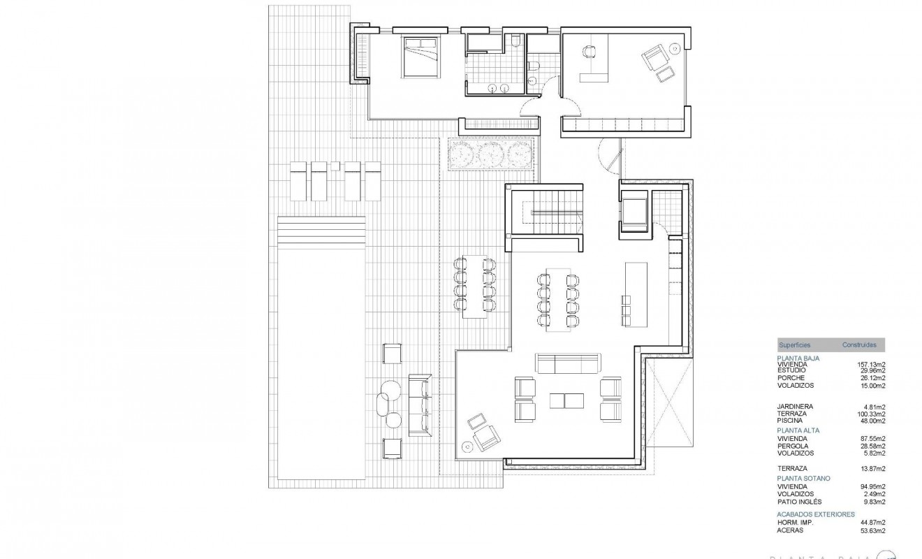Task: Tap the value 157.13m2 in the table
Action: pos(871,364)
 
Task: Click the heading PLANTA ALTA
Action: pos(798,430)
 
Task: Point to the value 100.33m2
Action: pos(871,414)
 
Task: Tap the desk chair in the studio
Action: pos(588,52)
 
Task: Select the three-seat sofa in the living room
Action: pos(568,363)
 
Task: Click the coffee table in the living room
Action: pos(567,400)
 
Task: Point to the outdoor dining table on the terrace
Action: pos(475,286)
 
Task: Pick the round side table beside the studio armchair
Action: pos(675,48)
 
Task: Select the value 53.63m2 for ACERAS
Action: pos(872,530)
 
